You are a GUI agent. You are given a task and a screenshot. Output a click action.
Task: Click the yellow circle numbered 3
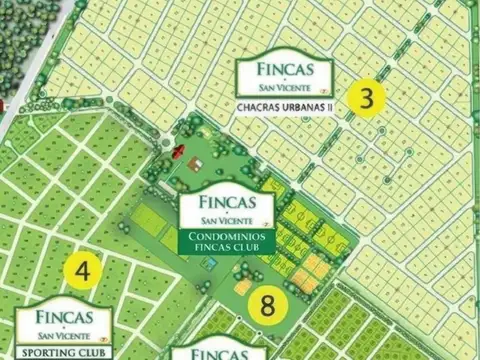369,100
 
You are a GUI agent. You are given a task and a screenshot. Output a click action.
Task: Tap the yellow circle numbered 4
83,271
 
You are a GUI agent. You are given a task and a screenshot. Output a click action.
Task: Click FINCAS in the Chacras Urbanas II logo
285,71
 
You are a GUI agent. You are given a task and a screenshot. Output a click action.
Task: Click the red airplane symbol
178,151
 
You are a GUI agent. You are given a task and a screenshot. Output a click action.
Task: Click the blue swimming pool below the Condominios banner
209,264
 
